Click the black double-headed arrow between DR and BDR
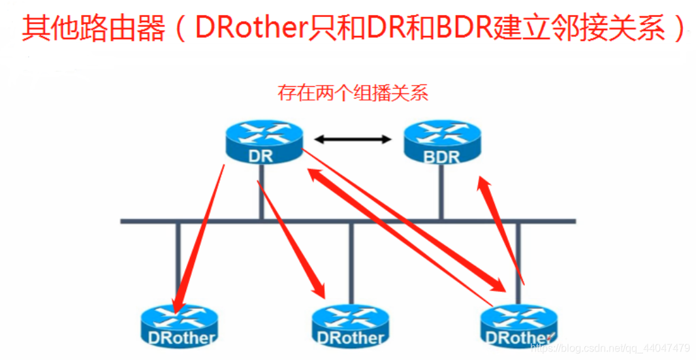click(x=353, y=139)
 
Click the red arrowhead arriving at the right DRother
click(x=498, y=285)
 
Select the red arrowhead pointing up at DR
click(x=316, y=174)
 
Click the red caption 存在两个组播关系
click(x=353, y=93)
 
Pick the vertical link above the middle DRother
click(x=351, y=261)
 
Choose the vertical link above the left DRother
click(x=178, y=255)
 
